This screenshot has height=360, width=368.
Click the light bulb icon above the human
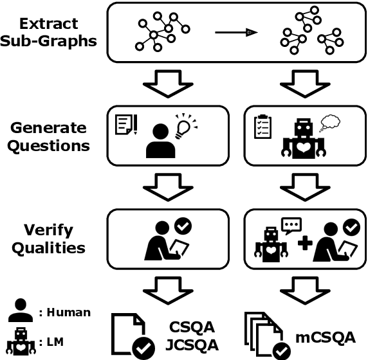click(x=185, y=122)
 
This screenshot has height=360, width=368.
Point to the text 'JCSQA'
click(x=191, y=345)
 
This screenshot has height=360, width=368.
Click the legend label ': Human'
click(x=65, y=313)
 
